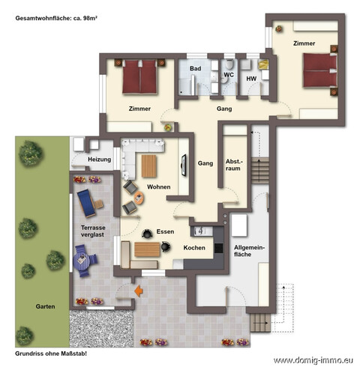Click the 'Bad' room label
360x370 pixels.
196,69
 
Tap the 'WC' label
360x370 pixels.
230,75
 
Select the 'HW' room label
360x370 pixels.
251,79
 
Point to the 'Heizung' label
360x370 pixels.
99,160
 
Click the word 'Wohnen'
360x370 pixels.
158,186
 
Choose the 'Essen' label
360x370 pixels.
165,231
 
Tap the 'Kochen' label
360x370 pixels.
194,248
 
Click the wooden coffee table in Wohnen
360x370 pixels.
149,165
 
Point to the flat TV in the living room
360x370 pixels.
184,163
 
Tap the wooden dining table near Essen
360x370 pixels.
148,249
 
